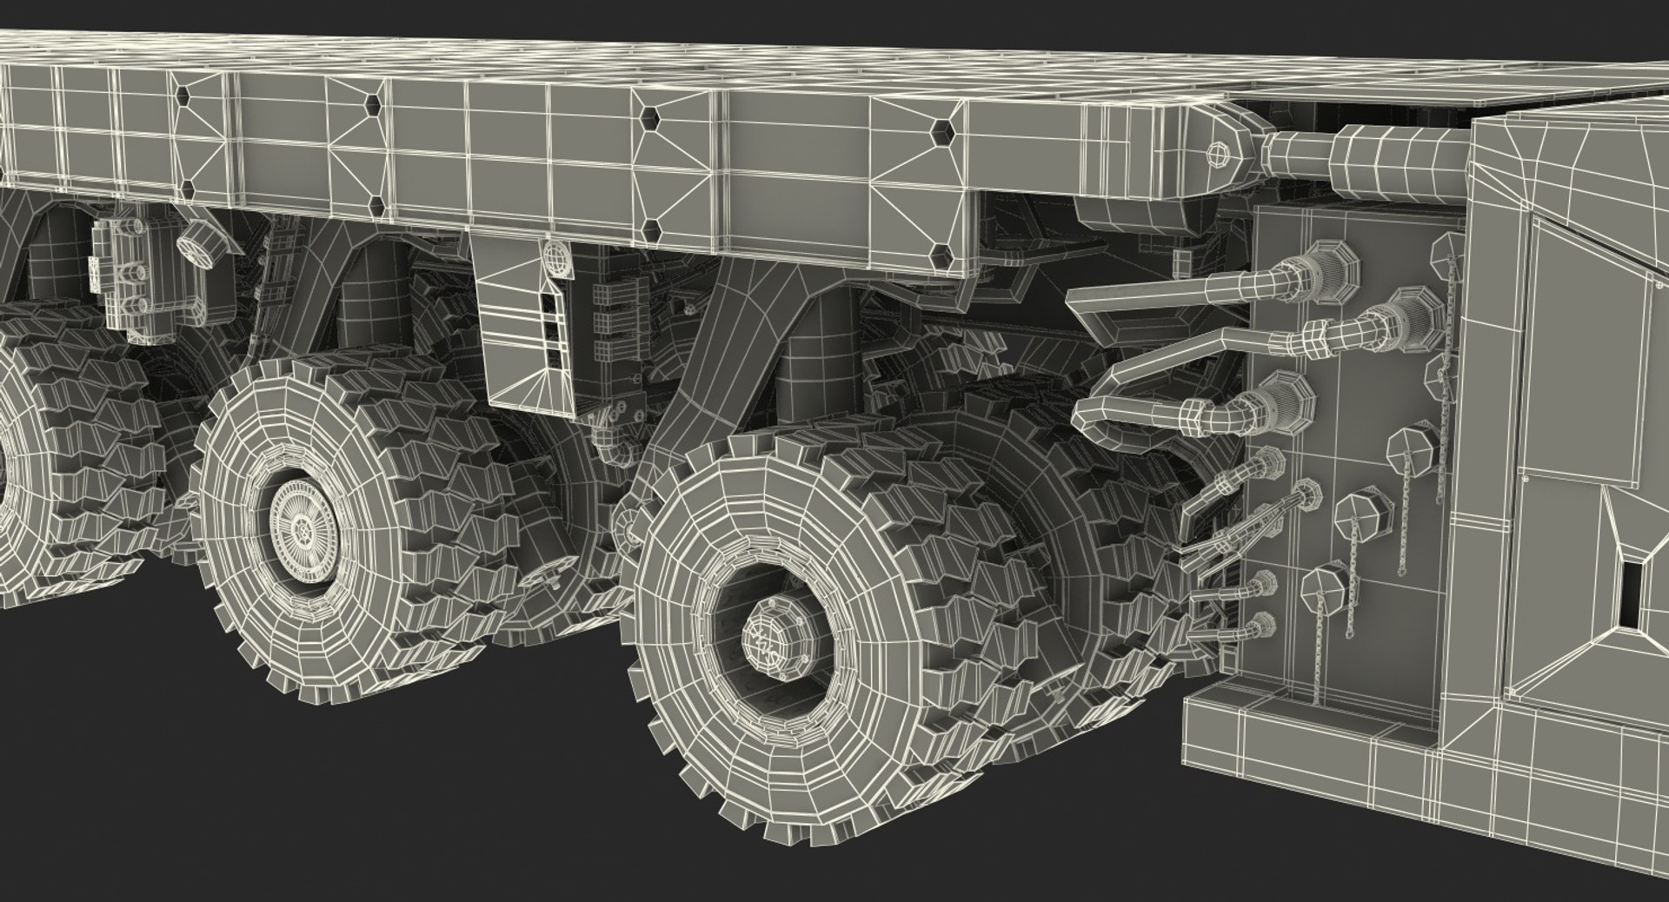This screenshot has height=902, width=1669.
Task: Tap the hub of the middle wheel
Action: (x=303, y=526)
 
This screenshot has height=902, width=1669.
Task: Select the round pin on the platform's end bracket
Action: (x=1219, y=153)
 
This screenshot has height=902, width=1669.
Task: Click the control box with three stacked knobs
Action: (x=130, y=278)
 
